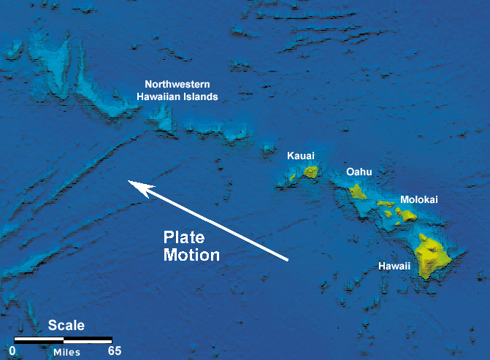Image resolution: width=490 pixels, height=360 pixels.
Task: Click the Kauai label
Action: pos(301,156)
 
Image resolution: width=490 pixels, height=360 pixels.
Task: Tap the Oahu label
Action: pos(359,172)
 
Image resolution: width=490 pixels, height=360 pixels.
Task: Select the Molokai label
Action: pos(419,199)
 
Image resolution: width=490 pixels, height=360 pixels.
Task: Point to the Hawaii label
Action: pos(394,267)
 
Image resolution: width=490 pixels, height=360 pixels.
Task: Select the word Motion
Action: pos(191,255)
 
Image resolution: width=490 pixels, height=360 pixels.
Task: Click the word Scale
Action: pos(66,326)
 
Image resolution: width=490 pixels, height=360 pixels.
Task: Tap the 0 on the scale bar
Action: pos(12,351)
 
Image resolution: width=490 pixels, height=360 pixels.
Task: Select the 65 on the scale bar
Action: pos(113,351)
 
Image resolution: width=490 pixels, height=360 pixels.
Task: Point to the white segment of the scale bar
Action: pos(39,340)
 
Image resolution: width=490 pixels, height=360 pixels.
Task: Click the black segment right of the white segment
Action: pos(88,340)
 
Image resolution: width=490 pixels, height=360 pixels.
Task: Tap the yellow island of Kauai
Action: pos(311,172)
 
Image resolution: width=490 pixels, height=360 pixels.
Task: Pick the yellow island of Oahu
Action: pos(357,191)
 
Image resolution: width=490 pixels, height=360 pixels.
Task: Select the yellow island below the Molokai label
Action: pos(405,215)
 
